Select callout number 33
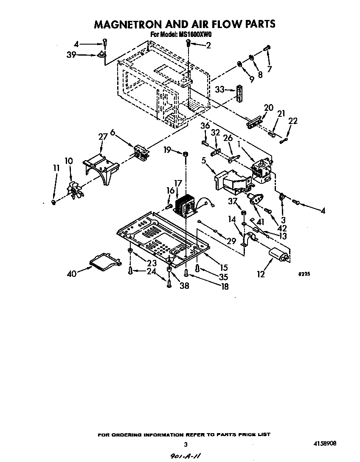coord(219,90)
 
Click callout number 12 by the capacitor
coord(261,275)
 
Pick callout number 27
coord(102,137)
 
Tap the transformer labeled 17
coord(185,206)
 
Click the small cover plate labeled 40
coord(103,263)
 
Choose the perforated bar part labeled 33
coord(240,94)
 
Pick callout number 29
coord(231,241)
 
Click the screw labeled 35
coord(197,268)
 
